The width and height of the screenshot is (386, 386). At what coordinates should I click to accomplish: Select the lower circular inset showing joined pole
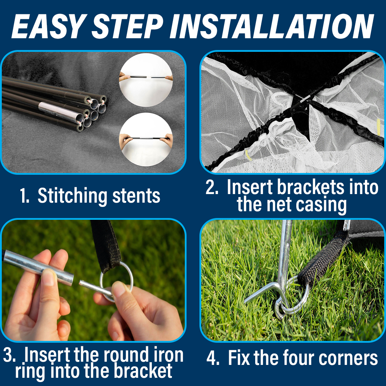[x=146, y=139]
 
